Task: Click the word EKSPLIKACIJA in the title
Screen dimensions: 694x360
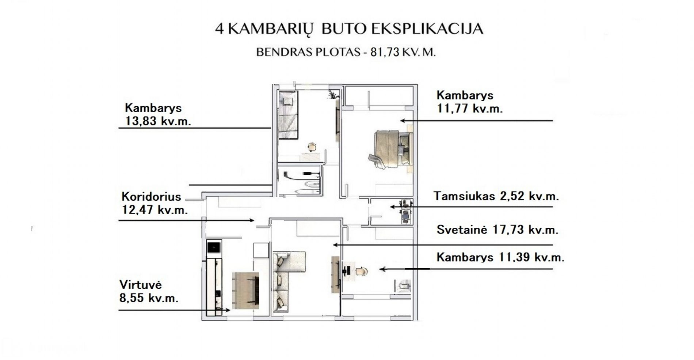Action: [x=427, y=29]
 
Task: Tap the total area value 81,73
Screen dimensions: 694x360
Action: [x=385, y=52]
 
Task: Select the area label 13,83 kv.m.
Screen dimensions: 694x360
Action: [x=158, y=121]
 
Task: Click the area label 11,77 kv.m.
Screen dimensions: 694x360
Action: [x=470, y=108]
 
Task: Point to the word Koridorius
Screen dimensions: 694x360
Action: [x=151, y=197]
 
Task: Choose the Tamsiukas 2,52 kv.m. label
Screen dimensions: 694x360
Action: [x=496, y=196]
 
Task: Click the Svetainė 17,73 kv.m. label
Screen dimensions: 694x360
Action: [x=497, y=230]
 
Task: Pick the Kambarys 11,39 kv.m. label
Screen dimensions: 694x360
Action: [x=500, y=257]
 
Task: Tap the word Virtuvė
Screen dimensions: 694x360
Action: [x=141, y=285]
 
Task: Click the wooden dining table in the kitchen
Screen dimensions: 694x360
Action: [x=245, y=290]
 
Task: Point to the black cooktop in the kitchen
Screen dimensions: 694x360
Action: [x=214, y=247]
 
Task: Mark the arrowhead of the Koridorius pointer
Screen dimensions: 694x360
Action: [x=252, y=220]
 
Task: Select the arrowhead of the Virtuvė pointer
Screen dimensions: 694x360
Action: [x=227, y=310]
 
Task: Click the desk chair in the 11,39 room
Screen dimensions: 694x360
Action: [x=361, y=271]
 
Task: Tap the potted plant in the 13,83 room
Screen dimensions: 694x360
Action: [x=332, y=94]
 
